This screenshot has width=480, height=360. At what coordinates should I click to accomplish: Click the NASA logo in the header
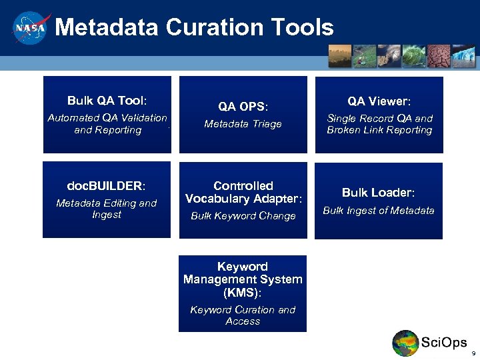coord(30,29)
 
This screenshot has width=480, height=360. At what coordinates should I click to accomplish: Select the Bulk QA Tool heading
coord(107,101)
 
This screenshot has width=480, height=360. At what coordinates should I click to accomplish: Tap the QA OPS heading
coord(243,107)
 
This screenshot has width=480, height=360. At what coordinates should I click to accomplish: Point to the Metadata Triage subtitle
coord(243,124)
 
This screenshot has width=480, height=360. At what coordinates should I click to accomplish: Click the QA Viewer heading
coord(379,101)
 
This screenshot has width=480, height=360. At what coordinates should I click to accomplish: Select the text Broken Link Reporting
coord(379,130)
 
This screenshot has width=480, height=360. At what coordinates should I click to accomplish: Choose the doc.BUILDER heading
coord(107,185)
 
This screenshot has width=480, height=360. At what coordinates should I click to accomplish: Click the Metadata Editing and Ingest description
coord(107,209)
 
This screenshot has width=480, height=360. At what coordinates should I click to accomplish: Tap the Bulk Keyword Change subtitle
coord(243,216)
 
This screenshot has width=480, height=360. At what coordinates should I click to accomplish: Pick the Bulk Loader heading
coord(378,193)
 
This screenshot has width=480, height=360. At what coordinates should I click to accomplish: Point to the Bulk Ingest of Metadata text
coord(378,211)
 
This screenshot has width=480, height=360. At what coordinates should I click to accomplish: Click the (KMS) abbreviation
coord(243,292)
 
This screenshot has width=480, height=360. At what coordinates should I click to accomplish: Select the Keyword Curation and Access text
coord(243,315)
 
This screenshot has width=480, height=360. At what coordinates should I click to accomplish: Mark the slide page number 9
coord(473,353)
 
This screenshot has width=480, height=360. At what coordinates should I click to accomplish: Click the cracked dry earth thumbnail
coord(439,56)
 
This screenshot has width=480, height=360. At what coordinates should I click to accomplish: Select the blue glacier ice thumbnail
coord(463,56)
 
